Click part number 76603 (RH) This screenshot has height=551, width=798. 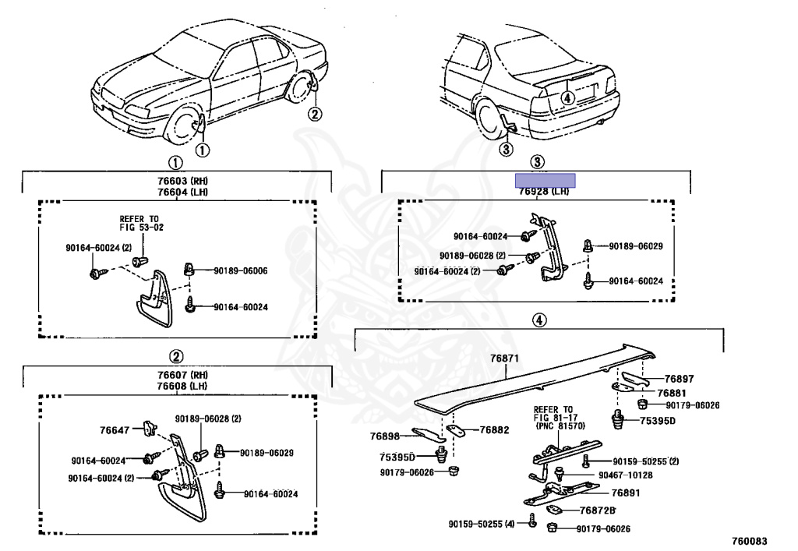coord(176,182)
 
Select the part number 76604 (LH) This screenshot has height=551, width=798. coord(176,192)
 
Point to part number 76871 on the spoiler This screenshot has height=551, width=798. coord(504,359)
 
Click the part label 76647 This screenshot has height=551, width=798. coord(115,429)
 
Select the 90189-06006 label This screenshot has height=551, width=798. coord(241,271)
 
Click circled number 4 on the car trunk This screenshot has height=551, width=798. coord(567,97)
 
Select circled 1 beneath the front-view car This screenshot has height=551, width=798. coord(202,150)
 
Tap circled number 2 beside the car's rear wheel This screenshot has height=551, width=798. coord(314,115)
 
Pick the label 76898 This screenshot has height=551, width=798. coord(384,436)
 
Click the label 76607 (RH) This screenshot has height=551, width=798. coord(176,375)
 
